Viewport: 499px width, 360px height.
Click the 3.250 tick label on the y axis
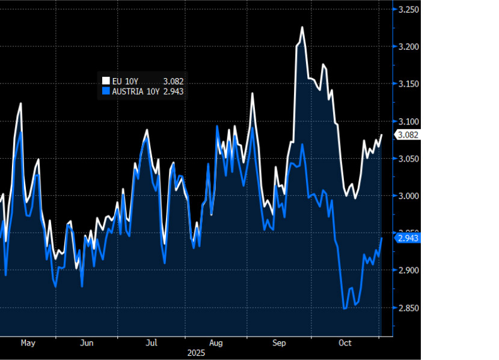click(x=409, y=10)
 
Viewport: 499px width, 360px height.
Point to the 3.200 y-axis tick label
click(x=409, y=47)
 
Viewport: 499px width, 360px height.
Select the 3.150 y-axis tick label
click(x=409, y=84)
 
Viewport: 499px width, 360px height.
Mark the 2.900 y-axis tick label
click(x=409, y=271)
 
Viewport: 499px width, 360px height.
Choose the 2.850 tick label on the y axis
click(x=409, y=308)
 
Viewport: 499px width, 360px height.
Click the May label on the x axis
click(x=28, y=343)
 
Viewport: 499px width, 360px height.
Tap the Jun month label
click(x=87, y=343)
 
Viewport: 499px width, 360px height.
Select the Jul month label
click(x=152, y=343)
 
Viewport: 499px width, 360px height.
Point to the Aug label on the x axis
click(x=216, y=343)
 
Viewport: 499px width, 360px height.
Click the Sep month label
click(x=279, y=343)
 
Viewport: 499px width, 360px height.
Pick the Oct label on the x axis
click(x=344, y=343)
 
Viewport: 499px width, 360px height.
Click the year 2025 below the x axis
click(x=196, y=353)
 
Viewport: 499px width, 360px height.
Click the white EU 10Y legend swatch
click(x=106, y=81)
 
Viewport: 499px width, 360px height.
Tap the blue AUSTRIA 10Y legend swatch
click(x=106, y=91)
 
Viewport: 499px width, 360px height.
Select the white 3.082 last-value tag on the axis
click(x=408, y=135)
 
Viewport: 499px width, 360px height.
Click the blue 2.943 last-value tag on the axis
click(x=408, y=239)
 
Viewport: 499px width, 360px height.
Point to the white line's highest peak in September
click(x=302, y=27)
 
